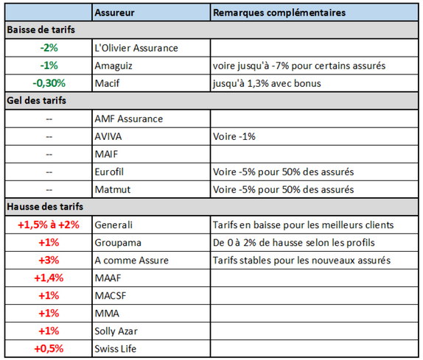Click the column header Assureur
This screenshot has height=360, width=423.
[x=116, y=13]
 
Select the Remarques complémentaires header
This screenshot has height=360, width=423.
[x=279, y=13]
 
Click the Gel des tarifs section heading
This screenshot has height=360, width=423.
[x=36, y=101]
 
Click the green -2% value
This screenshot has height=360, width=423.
[x=49, y=48]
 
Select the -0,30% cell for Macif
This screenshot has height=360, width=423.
[x=49, y=83]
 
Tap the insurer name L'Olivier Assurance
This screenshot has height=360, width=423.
[x=137, y=48]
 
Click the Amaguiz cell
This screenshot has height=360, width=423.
[x=116, y=66]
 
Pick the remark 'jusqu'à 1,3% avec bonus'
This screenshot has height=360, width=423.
[x=266, y=83]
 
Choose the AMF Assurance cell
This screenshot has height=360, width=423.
[x=129, y=119]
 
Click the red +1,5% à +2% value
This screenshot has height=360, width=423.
[x=49, y=225]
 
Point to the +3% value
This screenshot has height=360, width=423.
[x=49, y=260]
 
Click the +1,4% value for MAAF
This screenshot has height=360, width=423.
[x=49, y=278]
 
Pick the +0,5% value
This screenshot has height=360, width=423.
[x=49, y=348]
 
